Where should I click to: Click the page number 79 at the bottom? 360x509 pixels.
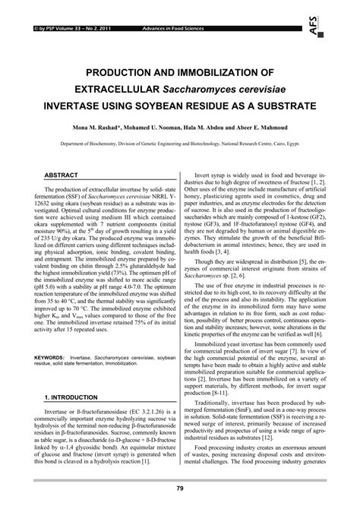pyautogui.click(x=180, y=488)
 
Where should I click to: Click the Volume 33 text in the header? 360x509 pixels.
pyautogui.click(x=61, y=8)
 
